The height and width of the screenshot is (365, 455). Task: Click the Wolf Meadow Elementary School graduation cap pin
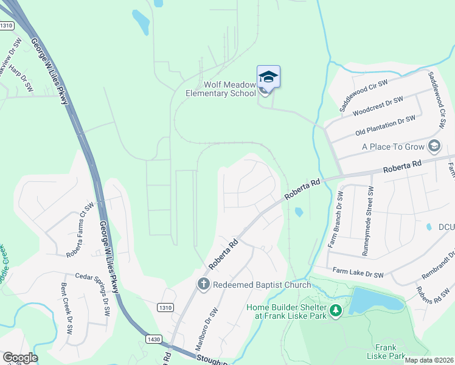pos(268,77)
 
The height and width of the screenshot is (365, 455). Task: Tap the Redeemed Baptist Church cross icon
pos(204,284)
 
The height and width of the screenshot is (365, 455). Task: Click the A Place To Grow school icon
pos(434,146)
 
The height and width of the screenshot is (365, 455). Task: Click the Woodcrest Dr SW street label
pos(378,107)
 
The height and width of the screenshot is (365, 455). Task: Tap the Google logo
pos(20,358)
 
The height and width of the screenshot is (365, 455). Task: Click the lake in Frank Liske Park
pos(375,300)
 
